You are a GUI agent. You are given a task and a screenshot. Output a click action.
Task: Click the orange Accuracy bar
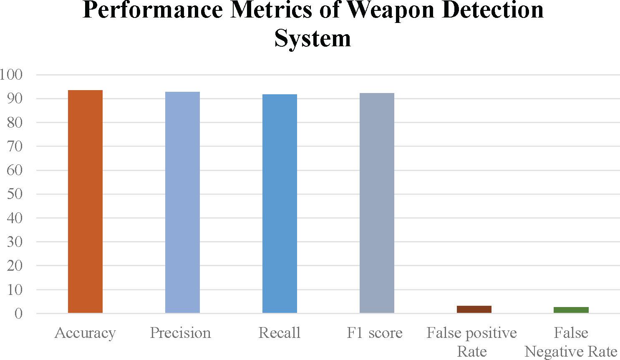(x=85, y=201)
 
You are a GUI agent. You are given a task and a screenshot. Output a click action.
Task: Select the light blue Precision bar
(x=182, y=202)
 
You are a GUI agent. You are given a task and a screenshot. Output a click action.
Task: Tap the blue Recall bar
(x=280, y=204)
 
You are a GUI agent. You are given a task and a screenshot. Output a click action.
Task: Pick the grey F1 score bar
(x=377, y=203)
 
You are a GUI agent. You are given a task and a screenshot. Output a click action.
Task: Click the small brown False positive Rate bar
(x=474, y=310)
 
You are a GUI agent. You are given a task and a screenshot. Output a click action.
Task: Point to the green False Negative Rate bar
(x=571, y=310)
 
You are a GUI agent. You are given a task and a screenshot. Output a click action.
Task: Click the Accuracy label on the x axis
(x=85, y=333)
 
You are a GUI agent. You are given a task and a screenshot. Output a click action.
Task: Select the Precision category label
(x=181, y=332)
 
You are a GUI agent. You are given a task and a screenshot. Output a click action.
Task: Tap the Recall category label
(x=279, y=332)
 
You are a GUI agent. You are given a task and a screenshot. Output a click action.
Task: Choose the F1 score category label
(x=375, y=332)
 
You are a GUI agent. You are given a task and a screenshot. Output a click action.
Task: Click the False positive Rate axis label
(x=471, y=342)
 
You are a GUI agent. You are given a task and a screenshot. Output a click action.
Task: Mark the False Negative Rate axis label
(x=571, y=342)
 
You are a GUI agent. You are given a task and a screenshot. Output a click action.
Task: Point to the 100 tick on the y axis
(x=11, y=74)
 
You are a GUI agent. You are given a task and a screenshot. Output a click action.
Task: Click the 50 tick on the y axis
(x=15, y=194)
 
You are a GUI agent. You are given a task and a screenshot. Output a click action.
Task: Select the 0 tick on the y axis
(x=18, y=314)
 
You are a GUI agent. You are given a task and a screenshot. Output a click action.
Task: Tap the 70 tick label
(x=15, y=146)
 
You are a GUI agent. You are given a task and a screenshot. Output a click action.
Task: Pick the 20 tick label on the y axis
(x=15, y=266)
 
